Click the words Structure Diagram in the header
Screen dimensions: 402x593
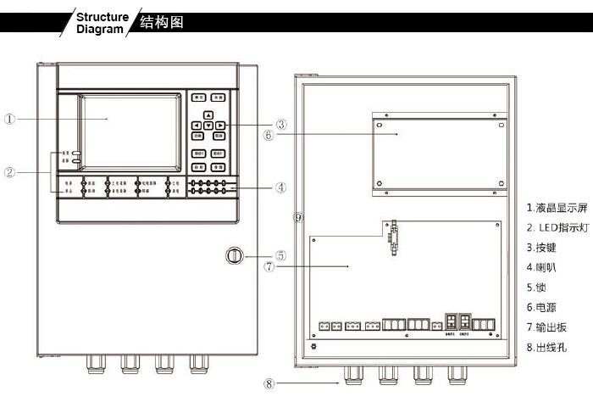[103, 22]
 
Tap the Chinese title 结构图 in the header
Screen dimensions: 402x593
[160, 22]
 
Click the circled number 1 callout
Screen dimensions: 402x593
[8, 119]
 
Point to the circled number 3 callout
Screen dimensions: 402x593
[281, 125]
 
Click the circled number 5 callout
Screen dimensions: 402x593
[281, 254]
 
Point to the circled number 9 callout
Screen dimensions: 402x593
[297, 217]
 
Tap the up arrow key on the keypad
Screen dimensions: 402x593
[208, 114]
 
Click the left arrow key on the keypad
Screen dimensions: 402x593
[197, 126]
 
